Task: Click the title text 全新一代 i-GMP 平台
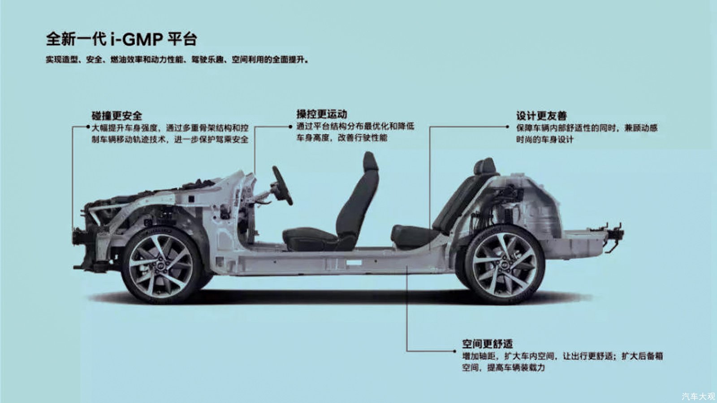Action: [121, 39]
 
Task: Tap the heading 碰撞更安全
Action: [117, 116]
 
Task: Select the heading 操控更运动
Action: [321, 114]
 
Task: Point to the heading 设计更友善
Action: [541, 116]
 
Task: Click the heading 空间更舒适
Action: [488, 344]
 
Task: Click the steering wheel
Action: [282, 185]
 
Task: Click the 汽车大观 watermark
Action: [698, 396]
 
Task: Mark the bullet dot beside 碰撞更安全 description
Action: [88, 127]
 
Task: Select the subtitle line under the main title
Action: [177, 59]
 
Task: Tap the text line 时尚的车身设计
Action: [544, 140]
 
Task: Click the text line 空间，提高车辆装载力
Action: [504, 368]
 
